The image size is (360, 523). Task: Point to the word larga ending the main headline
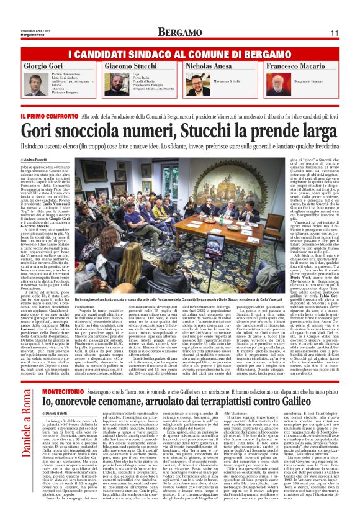tap(314, 130)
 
